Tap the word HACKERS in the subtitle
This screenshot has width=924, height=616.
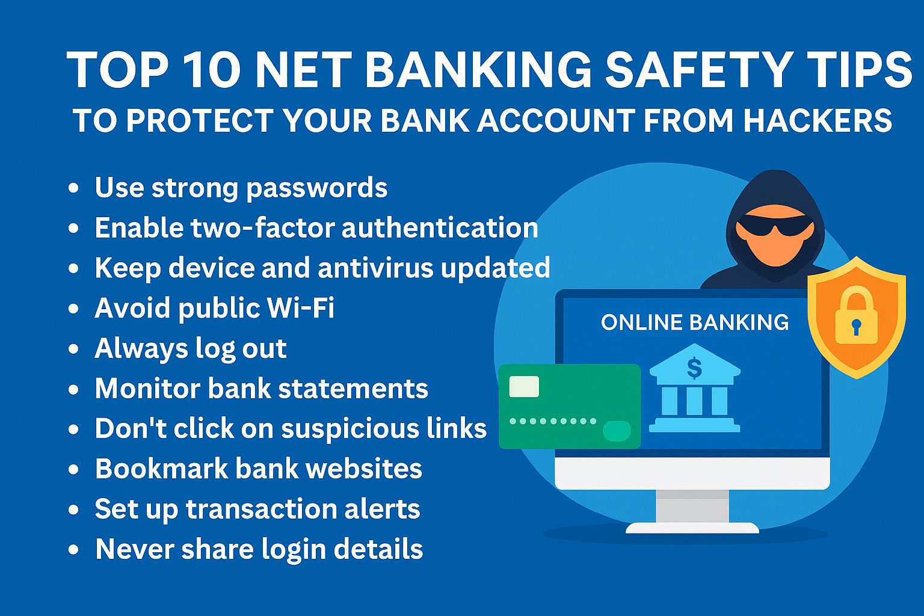tap(818, 120)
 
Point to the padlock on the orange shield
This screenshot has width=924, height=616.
tap(857, 315)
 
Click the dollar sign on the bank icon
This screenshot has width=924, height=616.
tap(694, 368)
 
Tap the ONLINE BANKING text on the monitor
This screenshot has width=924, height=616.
tap(695, 322)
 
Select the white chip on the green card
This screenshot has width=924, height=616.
tap(524, 387)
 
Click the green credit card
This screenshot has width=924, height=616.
tap(570, 407)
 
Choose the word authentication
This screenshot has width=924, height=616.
tap(440, 227)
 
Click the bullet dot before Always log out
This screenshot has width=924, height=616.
tap(73, 349)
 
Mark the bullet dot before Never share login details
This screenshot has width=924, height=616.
tap(73, 550)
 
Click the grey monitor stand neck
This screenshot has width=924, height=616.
tap(692, 506)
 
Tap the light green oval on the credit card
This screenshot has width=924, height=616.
tap(617, 431)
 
